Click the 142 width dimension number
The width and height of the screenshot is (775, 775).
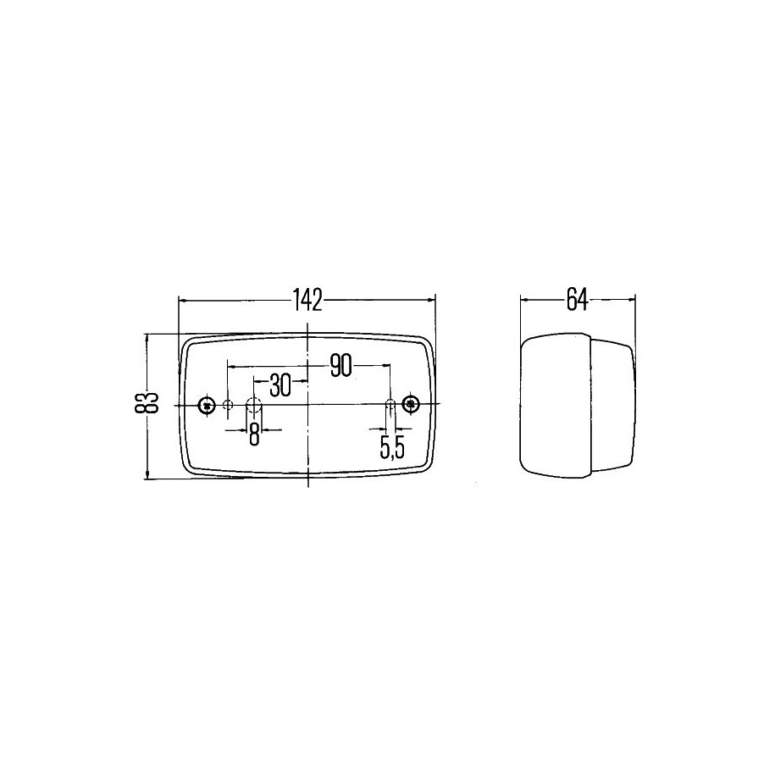point(307,300)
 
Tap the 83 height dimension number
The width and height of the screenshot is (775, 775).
point(146,402)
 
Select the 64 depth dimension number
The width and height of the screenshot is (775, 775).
point(578,299)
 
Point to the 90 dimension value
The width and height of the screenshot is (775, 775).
point(341,366)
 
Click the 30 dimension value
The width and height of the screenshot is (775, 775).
point(280,386)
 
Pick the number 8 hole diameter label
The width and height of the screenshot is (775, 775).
point(253,435)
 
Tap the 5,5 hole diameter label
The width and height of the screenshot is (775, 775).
point(392,447)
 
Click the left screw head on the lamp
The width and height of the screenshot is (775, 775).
point(207,406)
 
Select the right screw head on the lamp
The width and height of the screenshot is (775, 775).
point(410,404)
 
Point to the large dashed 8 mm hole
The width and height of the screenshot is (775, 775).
point(253,406)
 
